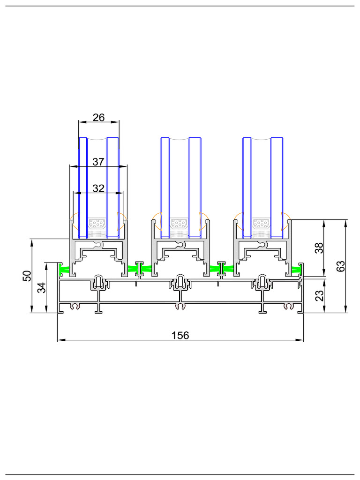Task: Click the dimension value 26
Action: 98,117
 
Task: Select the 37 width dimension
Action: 98,162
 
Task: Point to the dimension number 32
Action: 98,188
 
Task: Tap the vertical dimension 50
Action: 27,276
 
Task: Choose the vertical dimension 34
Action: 42,287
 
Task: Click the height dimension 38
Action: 319,248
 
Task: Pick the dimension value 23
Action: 319,295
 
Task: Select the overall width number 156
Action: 180,335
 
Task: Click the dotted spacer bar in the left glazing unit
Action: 97,223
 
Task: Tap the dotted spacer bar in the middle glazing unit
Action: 180,223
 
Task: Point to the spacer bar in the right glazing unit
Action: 262,223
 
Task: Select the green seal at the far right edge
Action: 296,269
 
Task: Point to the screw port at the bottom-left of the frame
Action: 74,307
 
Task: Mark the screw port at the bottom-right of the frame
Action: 288,307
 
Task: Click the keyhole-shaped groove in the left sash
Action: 98,245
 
